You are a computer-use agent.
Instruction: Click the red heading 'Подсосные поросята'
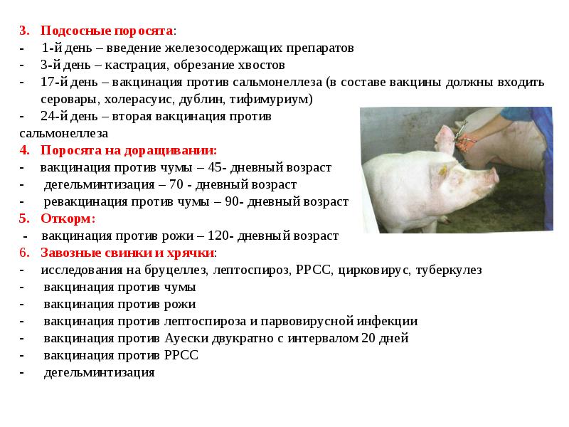[107, 31]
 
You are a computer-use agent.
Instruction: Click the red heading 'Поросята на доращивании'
[128, 150]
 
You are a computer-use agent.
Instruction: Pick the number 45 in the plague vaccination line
[215, 167]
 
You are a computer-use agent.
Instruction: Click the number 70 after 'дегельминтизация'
[176, 184]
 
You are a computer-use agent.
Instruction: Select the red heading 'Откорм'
[66, 218]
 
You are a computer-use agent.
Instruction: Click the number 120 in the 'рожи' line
[218, 236]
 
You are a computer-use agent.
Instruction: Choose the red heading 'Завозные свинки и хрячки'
[127, 253]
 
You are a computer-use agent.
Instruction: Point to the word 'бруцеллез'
[176, 270]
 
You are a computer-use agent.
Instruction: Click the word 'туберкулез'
[449, 270]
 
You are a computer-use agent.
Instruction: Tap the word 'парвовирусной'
[307, 322]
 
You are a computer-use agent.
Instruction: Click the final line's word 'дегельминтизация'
[99, 372]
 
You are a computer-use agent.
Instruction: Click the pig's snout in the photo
[491, 175]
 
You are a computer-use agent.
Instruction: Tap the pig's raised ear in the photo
[445, 139]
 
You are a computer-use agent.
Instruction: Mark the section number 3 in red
[24, 31]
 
